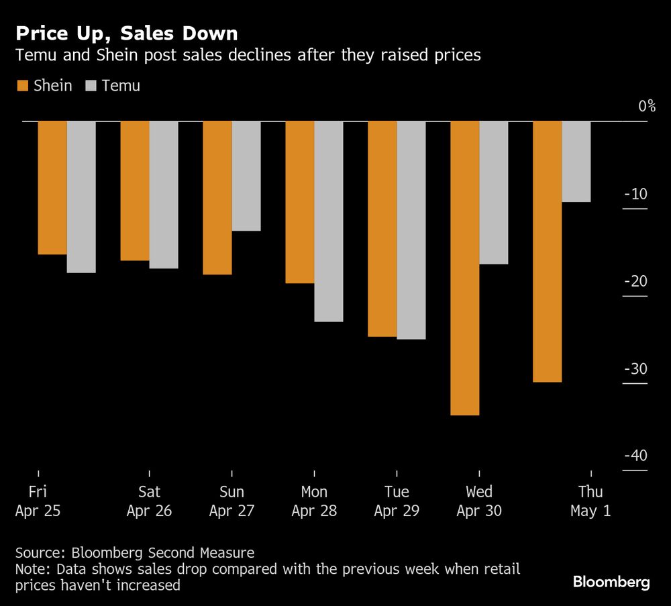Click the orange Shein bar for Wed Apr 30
coord(465,268)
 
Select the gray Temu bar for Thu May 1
coord(576,161)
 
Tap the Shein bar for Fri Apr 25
coord(52,188)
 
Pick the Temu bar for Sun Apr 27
coord(246,176)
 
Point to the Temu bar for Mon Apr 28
coord(329,221)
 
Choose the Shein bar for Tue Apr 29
coord(382,229)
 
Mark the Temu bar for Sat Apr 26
coord(164,195)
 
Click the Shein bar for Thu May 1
coord(548,252)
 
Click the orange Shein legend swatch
coord(21,86)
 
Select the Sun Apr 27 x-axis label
coord(231,501)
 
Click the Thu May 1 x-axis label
coord(590,501)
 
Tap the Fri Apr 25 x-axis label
coord(38,501)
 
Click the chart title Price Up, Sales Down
coord(126,33)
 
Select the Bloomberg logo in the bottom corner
coord(611,582)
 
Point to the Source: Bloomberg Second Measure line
coord(135,553)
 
